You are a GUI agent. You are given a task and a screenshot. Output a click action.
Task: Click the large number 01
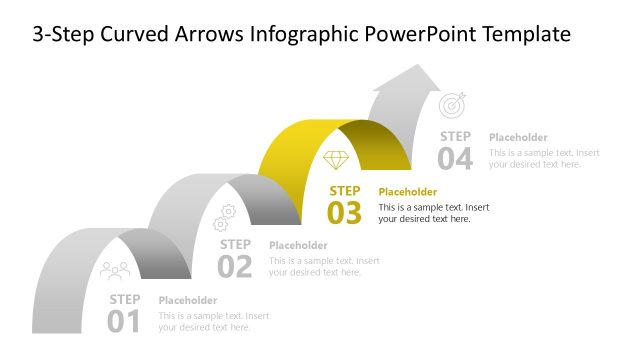pyautogui.click(x=124, y=320)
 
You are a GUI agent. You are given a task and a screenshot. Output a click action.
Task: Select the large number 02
pyautogui.click(x=235, y=266)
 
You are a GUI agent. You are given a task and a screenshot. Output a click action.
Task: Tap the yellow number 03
pyautogui.click(x=345, y=212)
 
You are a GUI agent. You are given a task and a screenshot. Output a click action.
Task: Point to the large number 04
pyautogui.click(x=455, y=158)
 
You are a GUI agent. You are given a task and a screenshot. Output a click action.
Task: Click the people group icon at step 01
pyautogui.click(x=115, y=270)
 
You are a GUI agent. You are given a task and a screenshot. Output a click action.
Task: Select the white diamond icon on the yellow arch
pyautogui.click(x=337, y=160)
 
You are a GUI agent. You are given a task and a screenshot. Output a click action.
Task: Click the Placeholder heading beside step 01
pyautogui.click(x=188, y=300)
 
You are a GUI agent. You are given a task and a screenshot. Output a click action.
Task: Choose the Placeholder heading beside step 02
pyautogui.click(x=298, y=246)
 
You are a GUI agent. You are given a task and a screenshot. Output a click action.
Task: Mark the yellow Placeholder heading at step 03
pyautogui.click(x=408, y=191)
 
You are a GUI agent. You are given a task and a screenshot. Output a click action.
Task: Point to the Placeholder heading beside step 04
pyautogui.click(x=518, y=137)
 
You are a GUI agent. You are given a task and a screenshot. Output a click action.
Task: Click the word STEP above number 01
pyautogui.click(x=125, y=299)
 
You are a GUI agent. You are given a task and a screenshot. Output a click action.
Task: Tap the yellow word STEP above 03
pyautogui.click(x=345, y=190)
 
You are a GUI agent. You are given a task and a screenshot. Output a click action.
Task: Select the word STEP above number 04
pyautogui.click(x=455, y=136)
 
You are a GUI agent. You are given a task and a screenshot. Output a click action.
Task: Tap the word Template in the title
pyautogui.click(x=527, y=34)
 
